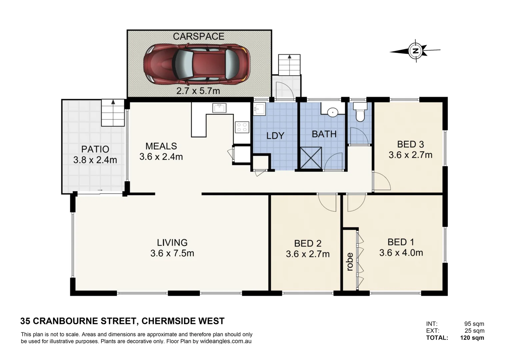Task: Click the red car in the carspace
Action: click(x=197, y=64)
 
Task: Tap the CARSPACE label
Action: click(x=198, y=36)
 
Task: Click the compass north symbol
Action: click(x=415, y=51)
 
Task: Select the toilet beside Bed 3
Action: click(x=360, y=112)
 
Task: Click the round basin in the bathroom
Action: click(x=332, y=112)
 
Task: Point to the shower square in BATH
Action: click(x=311, y=158)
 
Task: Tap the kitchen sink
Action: click(x=219, y=108)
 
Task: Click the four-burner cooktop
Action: click(x=242, y=127)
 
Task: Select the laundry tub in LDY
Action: click(x=259, y=109)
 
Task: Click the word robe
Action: click(x=350, y=262)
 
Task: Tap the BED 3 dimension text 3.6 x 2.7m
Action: click(x=410, y=155)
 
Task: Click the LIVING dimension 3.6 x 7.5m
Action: click(x=172, y=253)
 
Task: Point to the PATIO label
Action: click(x=95, y=149)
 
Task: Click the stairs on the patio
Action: click(x=113, y=113)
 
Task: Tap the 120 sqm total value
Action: click(x=472, y=338)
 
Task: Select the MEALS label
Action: click(x=161, y=146)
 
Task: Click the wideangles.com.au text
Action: click(x=225, y=341)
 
